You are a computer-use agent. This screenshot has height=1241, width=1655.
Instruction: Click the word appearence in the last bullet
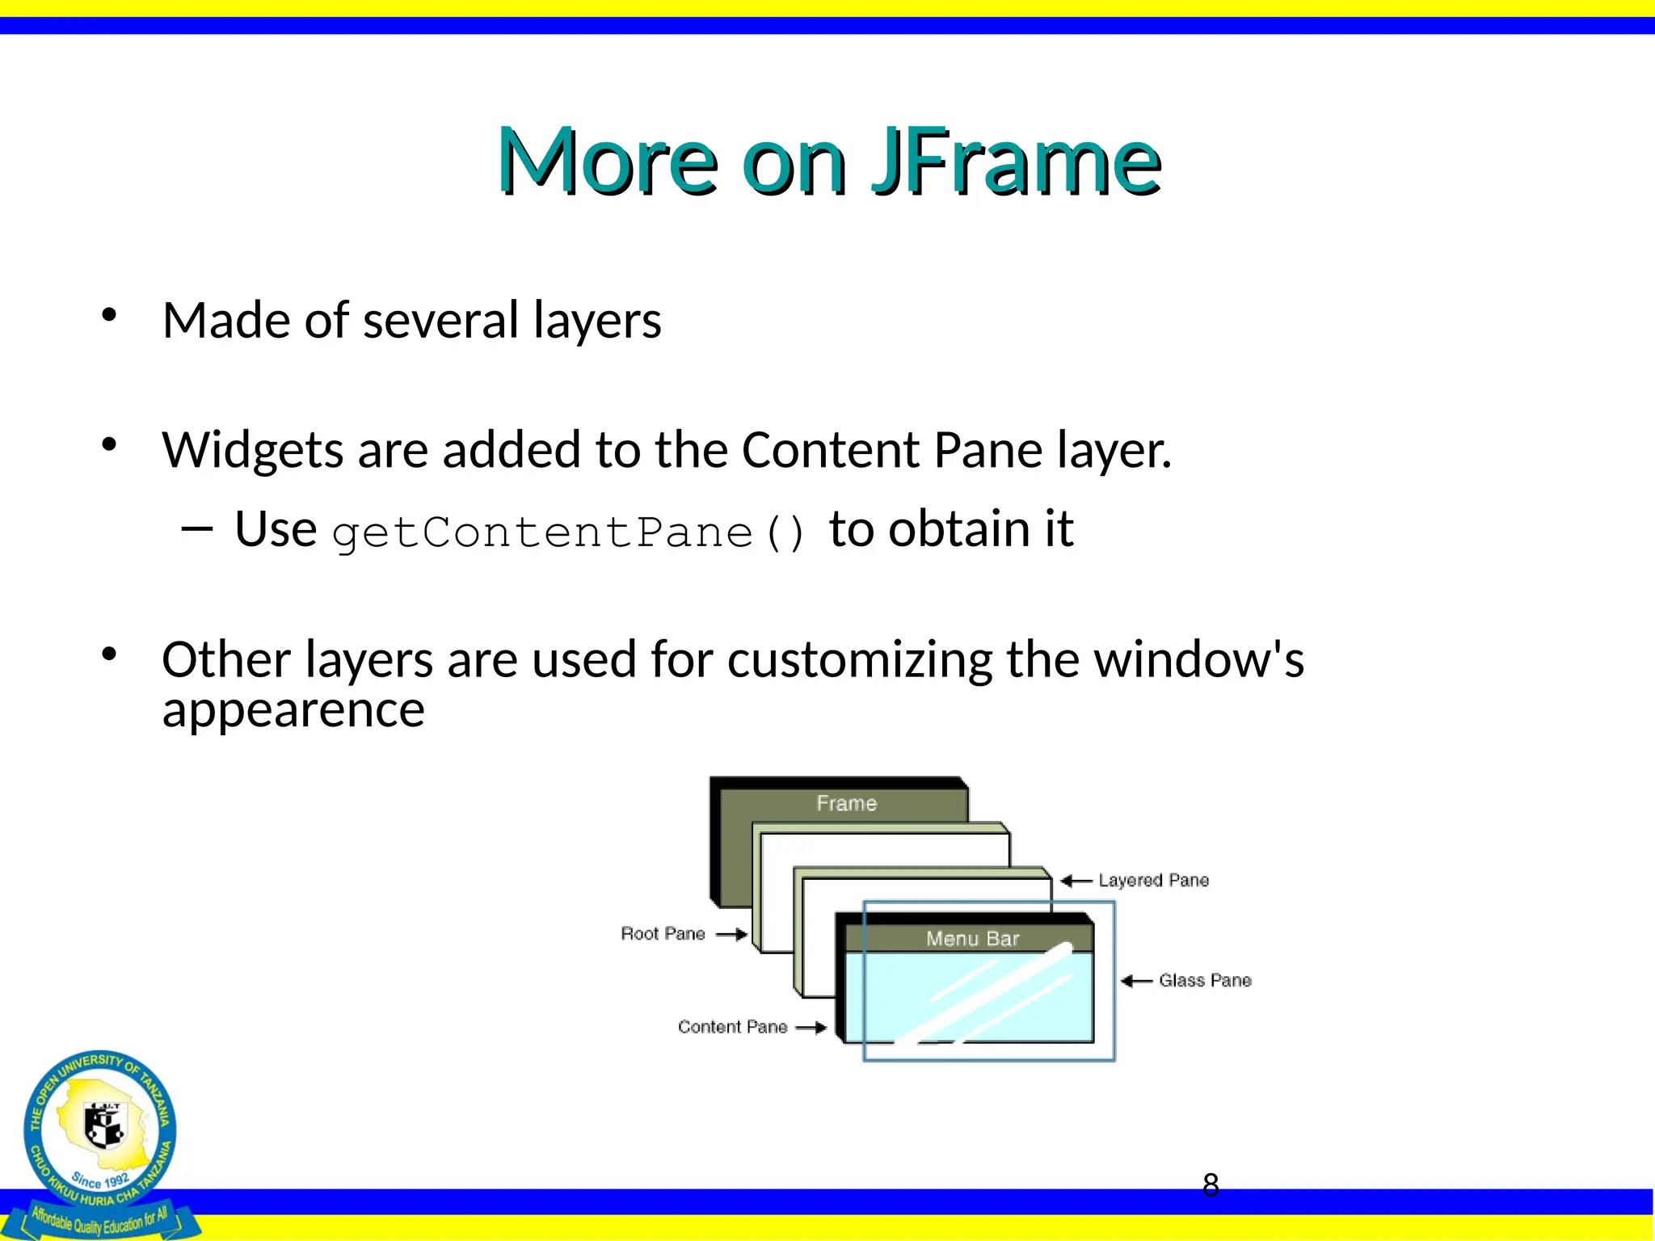tap(293, 710)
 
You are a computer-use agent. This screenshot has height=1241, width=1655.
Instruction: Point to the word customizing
tap(859, 660)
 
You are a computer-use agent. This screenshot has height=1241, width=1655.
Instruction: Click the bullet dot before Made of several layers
tap(109, 315)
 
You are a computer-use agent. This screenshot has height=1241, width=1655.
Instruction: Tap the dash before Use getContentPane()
tap(196, 529)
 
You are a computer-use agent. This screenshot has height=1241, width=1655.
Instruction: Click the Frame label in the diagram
tap(846, 803)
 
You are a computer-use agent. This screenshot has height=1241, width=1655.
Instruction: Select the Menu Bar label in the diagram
tap(972, 939)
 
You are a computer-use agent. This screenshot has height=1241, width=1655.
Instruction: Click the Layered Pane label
tap(1153, 880)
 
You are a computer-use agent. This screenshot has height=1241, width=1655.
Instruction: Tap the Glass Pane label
tap(1205, 980)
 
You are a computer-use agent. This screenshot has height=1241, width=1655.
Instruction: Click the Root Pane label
tap(663, 934)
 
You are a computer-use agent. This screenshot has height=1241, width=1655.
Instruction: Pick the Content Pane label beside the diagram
tap(732, 1027)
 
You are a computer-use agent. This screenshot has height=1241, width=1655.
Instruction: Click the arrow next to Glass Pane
tap(1136, 981)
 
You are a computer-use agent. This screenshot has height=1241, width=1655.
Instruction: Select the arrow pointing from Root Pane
tap(731, 935)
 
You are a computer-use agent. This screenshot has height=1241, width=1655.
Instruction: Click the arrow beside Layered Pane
tap(1076, 881)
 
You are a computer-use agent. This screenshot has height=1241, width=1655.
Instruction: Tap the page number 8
tap(1210, 1185)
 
